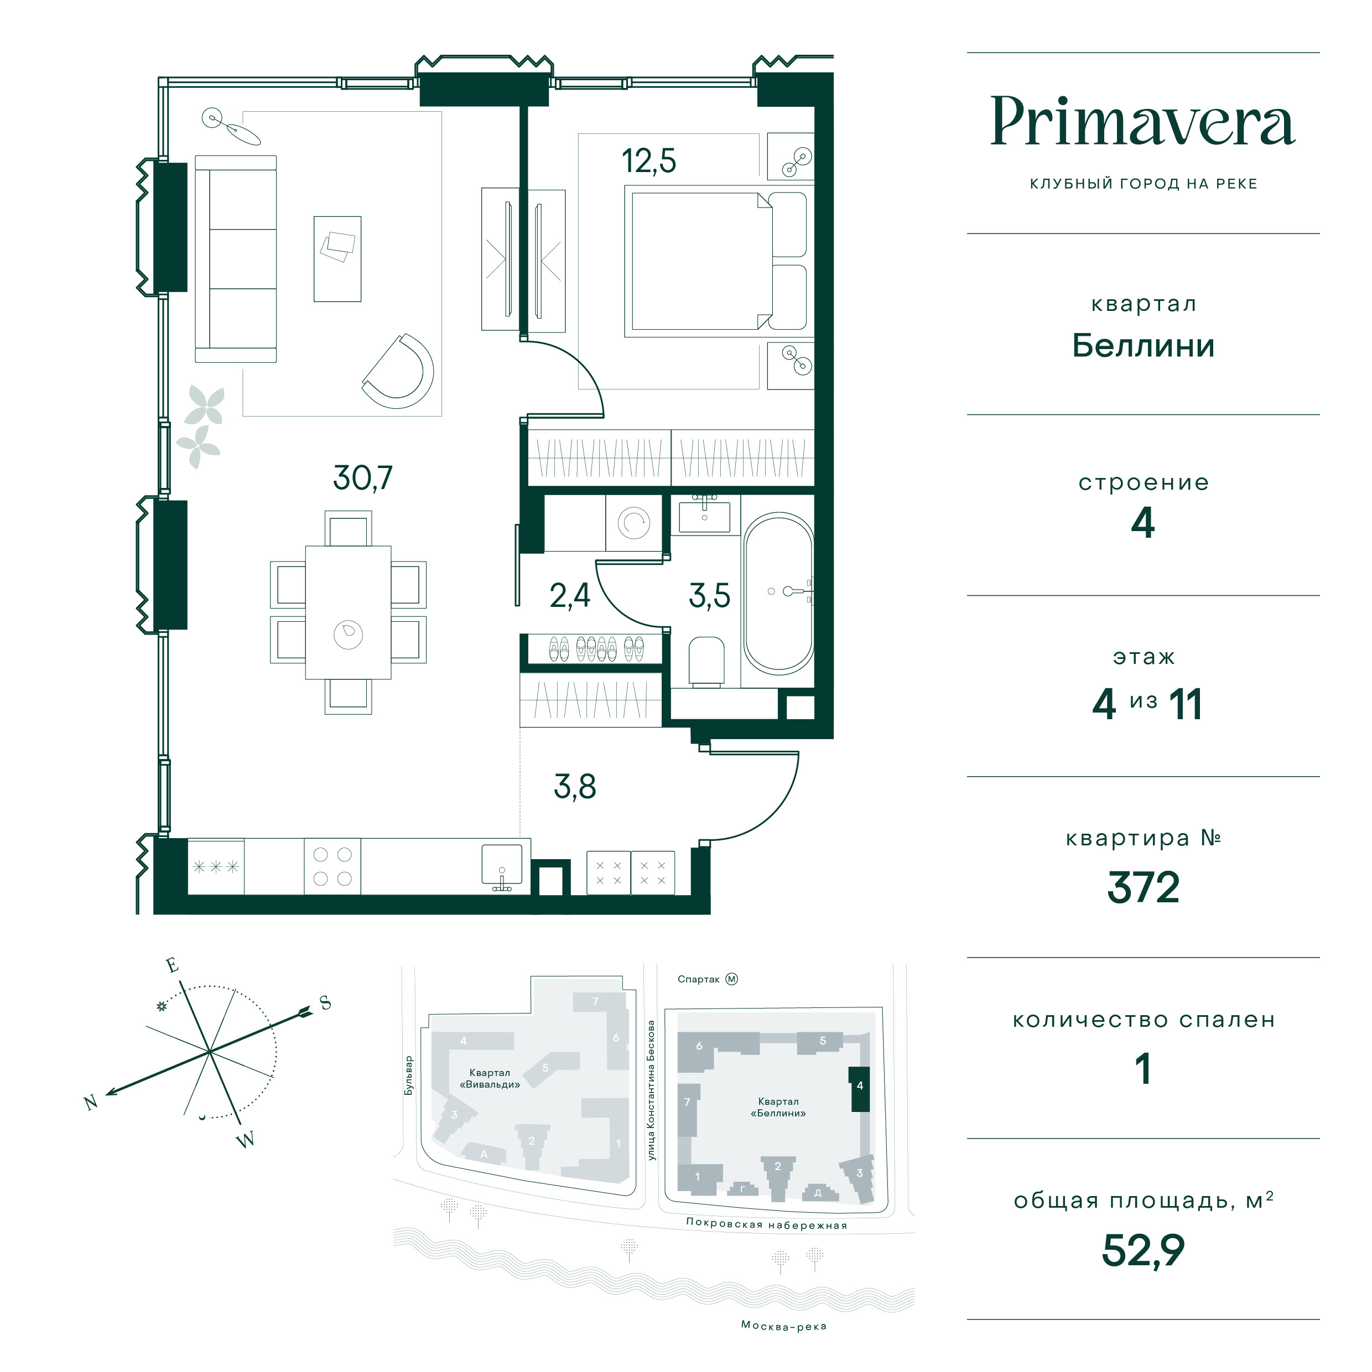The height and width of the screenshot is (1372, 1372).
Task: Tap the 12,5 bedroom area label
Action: point(648,160)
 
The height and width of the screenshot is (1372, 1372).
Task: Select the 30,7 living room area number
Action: point(362,478)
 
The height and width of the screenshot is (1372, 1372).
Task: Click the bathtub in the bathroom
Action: point(778,593)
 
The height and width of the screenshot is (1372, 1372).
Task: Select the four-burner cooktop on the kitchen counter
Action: point(332,866)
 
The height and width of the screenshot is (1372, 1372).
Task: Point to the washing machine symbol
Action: point(633,523)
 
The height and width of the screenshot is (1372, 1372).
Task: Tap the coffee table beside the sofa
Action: point(337,259)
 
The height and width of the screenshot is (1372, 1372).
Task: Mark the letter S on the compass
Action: point(325,1003)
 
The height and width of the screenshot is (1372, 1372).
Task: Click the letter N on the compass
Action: point(91,1102)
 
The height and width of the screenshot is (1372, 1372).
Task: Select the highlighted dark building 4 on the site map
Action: point(859,1089)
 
